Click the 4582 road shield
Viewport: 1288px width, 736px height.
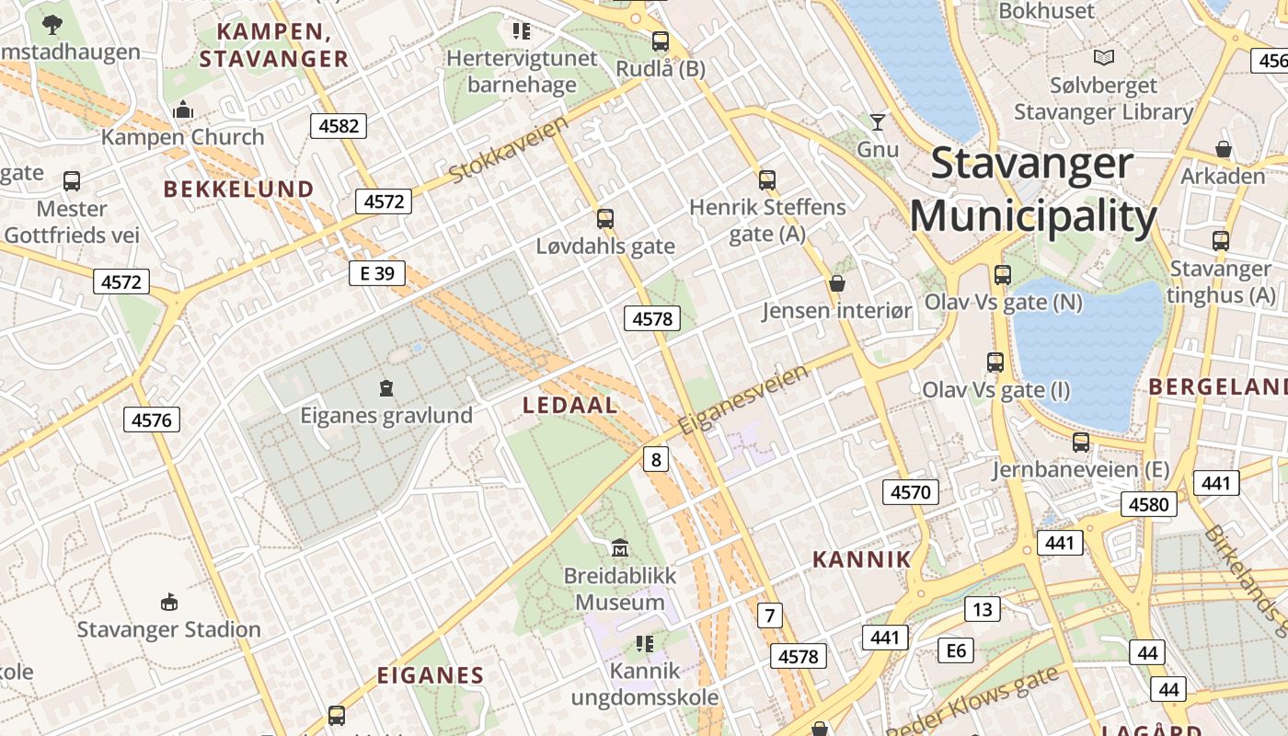(339, 126)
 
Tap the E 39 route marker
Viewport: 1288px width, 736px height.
(377, 273)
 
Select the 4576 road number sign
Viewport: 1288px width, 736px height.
(152, 420)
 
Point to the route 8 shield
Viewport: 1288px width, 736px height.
(655, 459)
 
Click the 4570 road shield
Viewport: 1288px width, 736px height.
(911, 492)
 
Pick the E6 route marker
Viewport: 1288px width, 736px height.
(957, 651)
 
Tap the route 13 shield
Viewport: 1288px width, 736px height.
(983, 609)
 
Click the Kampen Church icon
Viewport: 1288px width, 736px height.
(183, 110)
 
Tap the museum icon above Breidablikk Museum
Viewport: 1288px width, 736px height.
(620, 548)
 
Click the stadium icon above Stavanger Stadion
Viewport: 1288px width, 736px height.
(168, 603)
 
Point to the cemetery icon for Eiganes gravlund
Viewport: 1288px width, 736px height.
(386, 388)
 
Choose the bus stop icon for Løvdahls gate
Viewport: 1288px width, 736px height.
(604, 219)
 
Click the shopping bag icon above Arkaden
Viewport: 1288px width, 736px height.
(1224, 149)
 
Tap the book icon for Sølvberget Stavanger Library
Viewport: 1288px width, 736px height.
(1104, 58)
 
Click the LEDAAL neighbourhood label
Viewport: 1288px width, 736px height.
(570, 406)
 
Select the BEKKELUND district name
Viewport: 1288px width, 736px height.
(238, 190)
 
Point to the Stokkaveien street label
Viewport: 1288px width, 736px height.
(509, 149)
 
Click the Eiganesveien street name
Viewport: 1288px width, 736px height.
(743, 400)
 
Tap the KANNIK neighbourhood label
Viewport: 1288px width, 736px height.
(861, 559)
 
